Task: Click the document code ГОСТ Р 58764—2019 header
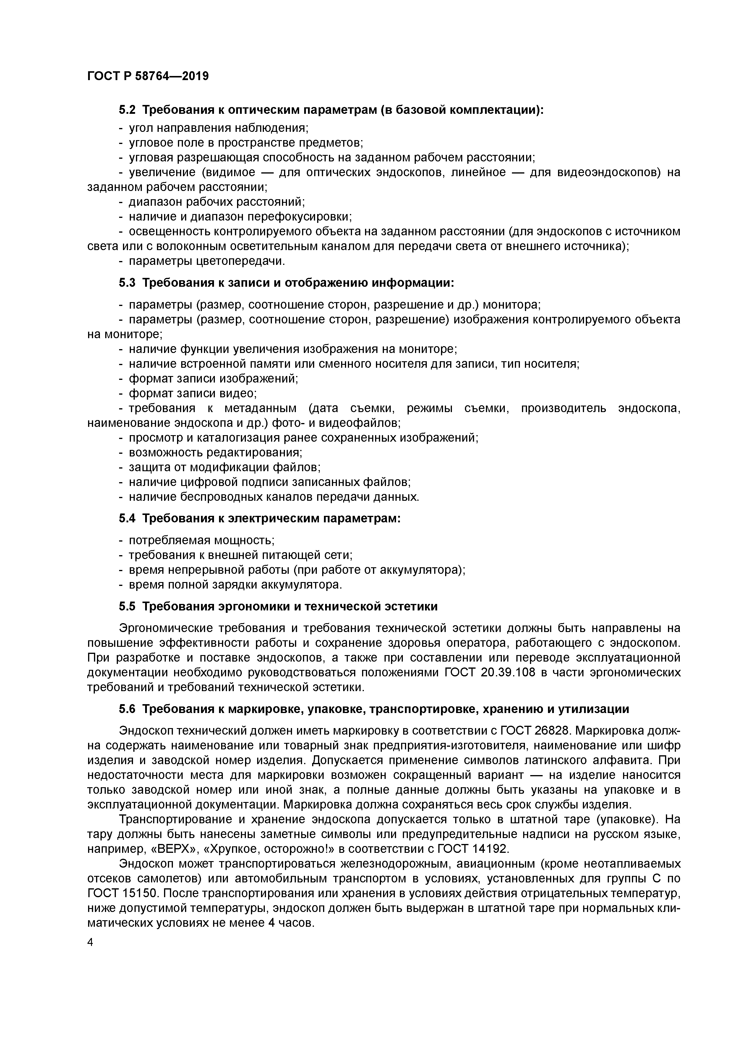(x=148, y=76)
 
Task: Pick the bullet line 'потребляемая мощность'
(x=202, y=541)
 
